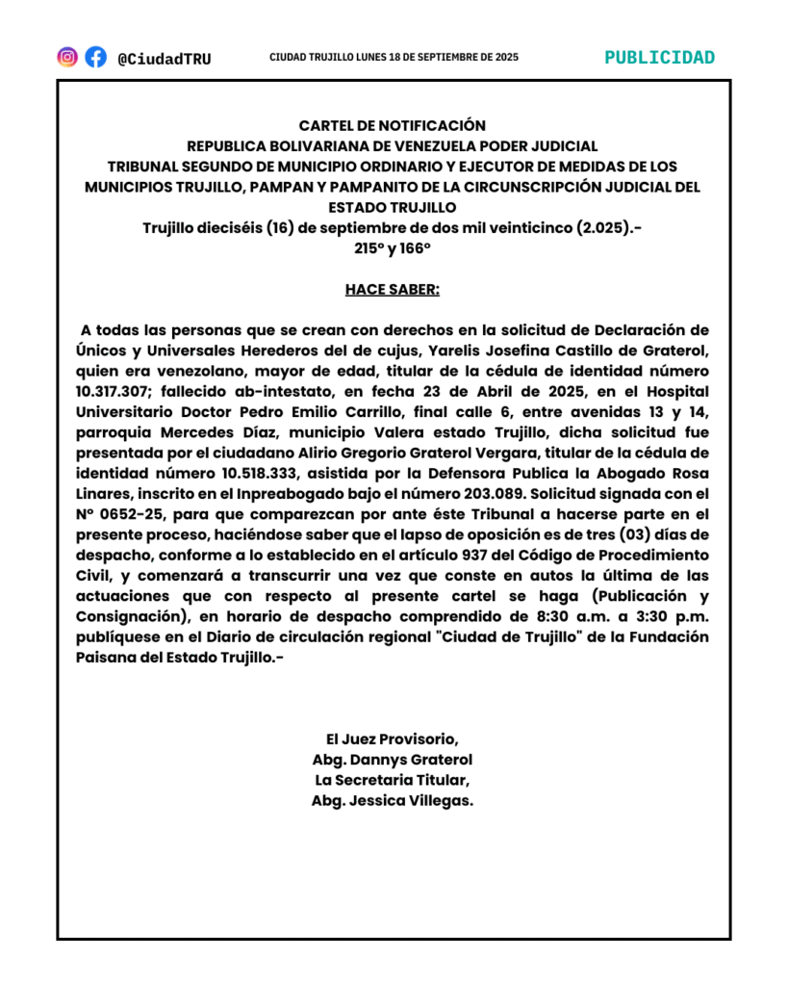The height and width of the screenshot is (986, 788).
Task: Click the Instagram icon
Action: pos(67,57)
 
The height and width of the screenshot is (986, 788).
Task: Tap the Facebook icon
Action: pos(95,57)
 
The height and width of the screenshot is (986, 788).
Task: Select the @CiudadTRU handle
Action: pos(164,59)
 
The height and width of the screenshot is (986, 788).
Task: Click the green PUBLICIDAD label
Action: pos(659,57)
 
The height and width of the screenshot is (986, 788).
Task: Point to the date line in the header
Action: pos(394,58)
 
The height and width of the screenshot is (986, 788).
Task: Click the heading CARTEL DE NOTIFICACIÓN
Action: pos(393,125)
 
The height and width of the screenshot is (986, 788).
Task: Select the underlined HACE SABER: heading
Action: pos(393,289)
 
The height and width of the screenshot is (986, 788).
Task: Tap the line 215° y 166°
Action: pos(393,247)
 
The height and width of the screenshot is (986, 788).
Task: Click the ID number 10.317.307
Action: pos(115,392)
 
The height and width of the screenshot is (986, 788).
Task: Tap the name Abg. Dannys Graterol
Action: pos(393,760)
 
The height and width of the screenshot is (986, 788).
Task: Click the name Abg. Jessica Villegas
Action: pos(393,800)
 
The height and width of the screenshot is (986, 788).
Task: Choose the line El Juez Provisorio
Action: pos(393,739)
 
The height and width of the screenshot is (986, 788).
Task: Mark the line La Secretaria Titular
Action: pos(393,780)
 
